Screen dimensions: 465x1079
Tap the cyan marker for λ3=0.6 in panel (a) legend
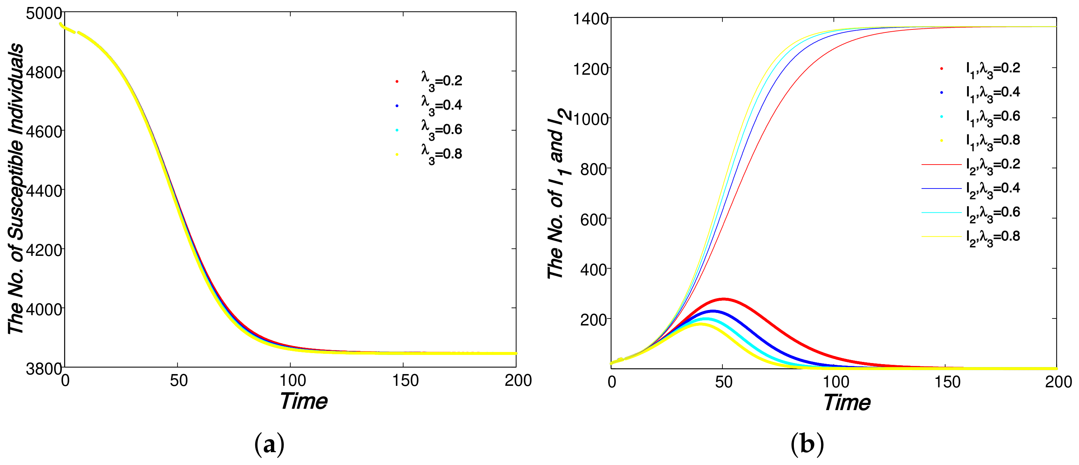coord(397,130)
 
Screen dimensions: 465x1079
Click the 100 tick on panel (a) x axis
coord(292,380)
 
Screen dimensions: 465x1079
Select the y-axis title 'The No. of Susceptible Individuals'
coord(16,189)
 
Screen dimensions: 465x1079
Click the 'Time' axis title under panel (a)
coord(303,401)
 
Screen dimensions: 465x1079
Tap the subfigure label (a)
coord(269,444)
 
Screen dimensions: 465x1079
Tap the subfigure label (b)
coord(807,444)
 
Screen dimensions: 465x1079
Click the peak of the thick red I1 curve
coord(724,299)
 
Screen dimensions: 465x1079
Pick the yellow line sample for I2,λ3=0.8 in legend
coord(941,237)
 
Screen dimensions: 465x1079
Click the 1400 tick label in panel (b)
coord(591,19)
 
